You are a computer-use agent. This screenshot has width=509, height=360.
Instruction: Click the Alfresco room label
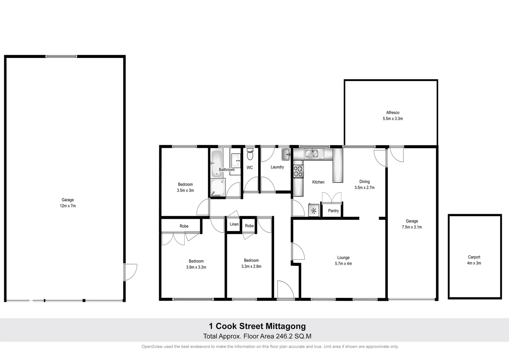(393, 113)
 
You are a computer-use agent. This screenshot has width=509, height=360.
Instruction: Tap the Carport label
(474, 257)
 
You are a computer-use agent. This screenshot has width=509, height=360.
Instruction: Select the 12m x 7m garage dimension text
(68, 206)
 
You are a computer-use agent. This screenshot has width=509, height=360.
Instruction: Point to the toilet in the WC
(250, 155)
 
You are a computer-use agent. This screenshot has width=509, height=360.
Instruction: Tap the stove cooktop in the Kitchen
(298, 171)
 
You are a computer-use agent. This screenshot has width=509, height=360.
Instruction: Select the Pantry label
(333, 211)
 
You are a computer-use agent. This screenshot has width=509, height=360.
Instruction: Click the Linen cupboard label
(234, 224)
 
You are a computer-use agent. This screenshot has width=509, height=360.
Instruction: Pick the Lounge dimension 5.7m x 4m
(343, 264)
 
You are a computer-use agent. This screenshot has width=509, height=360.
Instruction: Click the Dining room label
(364, 182)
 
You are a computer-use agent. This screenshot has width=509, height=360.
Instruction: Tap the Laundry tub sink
(286, 154)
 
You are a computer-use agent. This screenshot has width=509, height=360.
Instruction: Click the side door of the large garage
(130, 272)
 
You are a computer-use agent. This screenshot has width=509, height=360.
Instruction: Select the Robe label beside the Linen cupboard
(249, 226)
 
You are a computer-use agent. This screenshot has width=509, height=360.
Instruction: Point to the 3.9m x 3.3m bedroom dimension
(196, 267)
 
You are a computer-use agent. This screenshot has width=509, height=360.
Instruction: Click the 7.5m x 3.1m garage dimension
(412, 227)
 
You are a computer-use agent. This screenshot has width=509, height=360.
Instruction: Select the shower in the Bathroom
(218, 188)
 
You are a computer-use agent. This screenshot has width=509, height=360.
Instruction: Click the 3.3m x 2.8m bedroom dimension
(251, 267)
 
